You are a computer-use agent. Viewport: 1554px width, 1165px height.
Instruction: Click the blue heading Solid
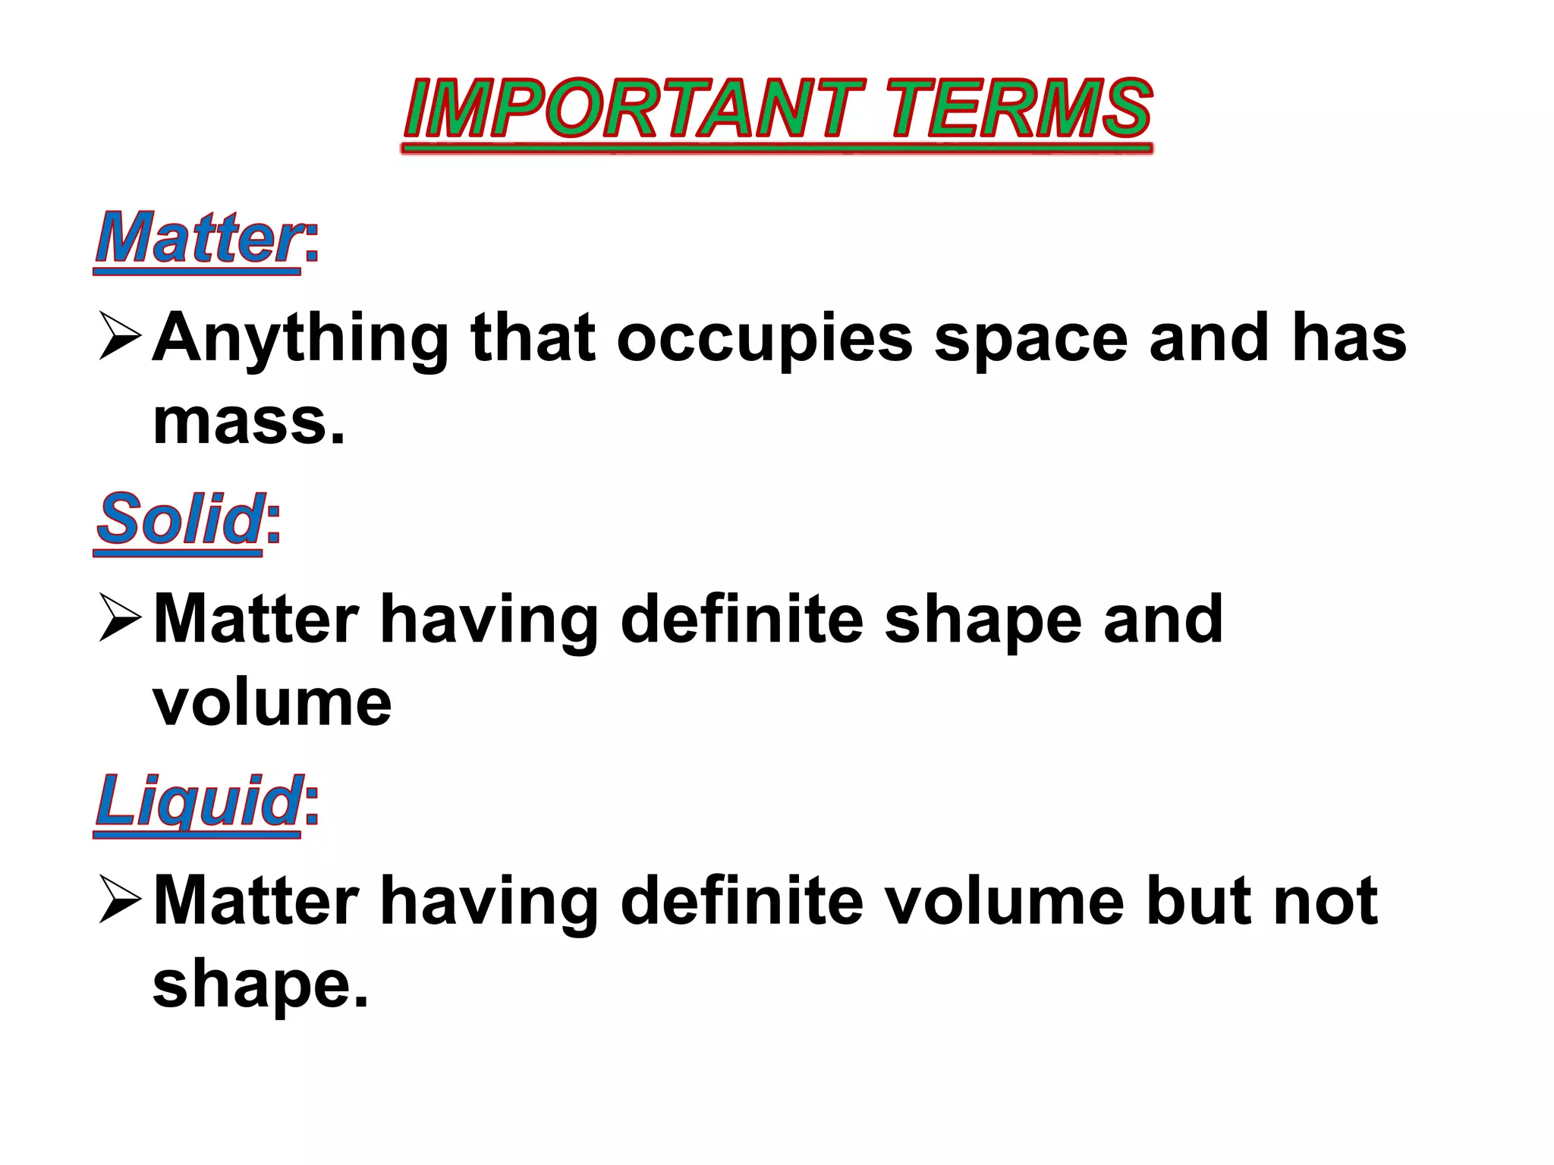pos(179,519)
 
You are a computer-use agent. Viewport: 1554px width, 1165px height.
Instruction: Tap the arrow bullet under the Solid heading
pos(120,617)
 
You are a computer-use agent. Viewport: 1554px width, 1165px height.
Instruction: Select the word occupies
pos(765,340)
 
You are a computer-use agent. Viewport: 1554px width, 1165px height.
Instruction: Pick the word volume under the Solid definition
pos(272,703)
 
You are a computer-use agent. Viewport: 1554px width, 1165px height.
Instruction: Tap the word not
pos(1326,901)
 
